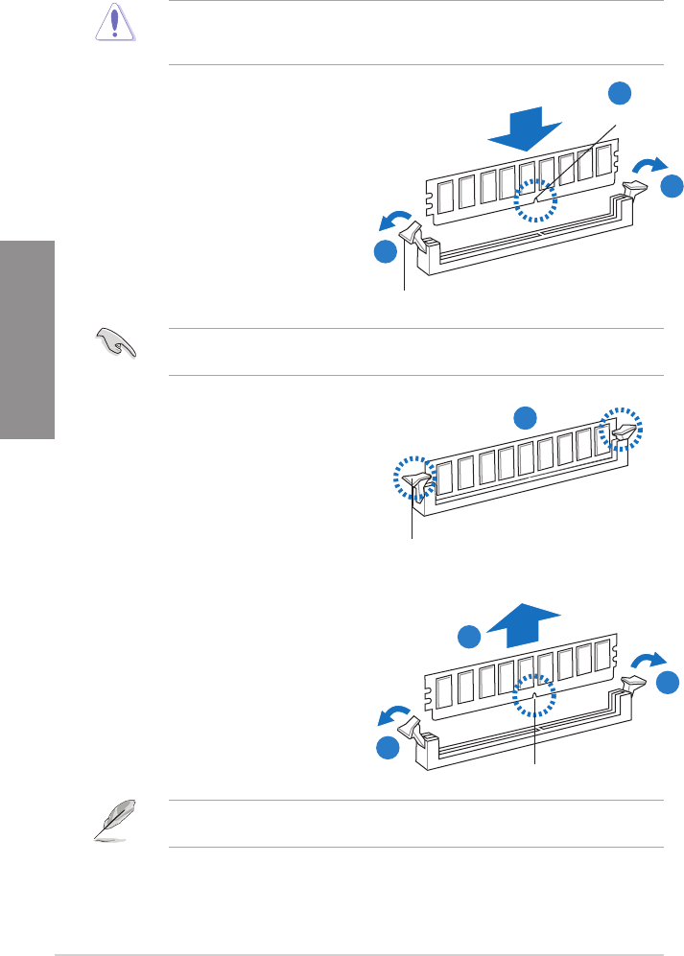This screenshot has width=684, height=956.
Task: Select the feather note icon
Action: click(x=115, y=820)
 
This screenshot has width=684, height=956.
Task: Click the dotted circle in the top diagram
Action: click(x=536, y=199)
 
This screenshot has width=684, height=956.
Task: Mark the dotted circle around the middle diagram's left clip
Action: click(x=415, y=478)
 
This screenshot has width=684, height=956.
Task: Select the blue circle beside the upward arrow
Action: click(x=467, y=637)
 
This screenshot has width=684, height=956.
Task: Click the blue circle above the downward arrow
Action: click(x=621, y=93)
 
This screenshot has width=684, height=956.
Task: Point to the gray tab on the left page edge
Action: click(x=27, y=339)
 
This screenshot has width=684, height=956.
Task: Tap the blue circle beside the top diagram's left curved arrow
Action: click(x=385, y=253)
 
